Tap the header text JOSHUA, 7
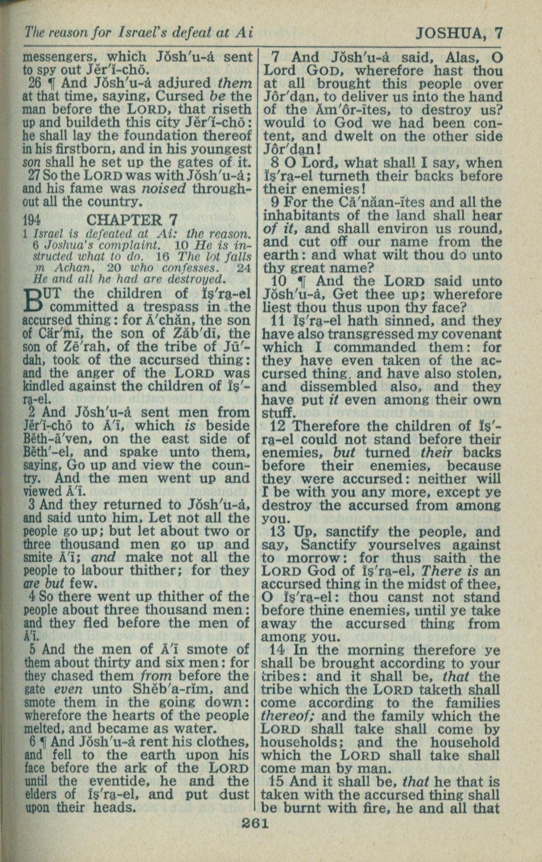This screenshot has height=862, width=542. pyautogui.click(x=459, y=33)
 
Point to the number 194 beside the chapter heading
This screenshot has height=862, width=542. pyautogui.click(x=32, y=220)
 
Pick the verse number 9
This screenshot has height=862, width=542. pyautogui.click(x=275, y=202)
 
